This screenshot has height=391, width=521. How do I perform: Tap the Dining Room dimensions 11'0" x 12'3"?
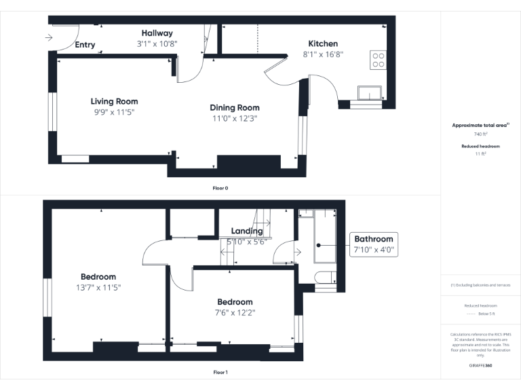tap(234, 118)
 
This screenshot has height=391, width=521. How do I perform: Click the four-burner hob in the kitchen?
tap(378, 60)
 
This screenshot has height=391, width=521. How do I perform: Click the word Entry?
tap(85, 45)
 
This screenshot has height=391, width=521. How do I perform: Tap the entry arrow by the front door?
tap(50, 38)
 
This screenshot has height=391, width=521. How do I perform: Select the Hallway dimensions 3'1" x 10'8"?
tap(157, 43)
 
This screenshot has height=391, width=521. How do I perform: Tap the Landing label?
tap(247, 231)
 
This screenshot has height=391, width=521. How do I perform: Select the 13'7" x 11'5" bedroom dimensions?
tap(98, 287)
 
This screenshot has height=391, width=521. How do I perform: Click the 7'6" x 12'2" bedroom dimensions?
tap(235, 312)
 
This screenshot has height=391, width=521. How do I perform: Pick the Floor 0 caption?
tap(220, 187)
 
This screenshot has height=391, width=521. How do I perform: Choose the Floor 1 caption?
tap(220, 372)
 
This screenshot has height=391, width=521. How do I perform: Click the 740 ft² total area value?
tap(480, 134)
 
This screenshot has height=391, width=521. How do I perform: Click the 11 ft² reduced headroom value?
tap(480, 154)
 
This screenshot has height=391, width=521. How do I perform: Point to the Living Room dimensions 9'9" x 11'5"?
tap(115, 112)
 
